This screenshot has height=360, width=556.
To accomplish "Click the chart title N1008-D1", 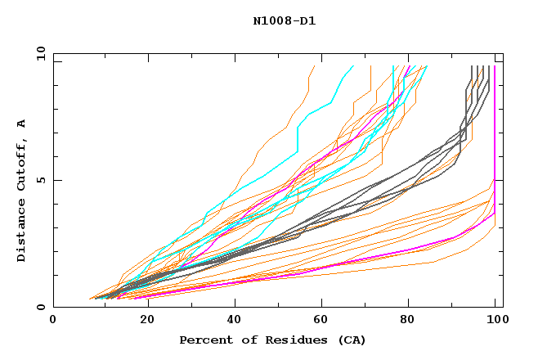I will point(284,20).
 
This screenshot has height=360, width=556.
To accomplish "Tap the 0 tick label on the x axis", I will point(53,320).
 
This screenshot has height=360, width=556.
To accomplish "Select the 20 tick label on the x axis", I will point(146,320).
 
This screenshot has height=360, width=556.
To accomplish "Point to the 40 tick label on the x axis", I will point(235,320).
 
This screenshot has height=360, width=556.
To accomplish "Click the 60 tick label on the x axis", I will point(323,320).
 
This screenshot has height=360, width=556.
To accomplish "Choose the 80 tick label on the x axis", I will point(411,320).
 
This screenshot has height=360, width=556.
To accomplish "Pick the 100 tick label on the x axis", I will point(495,320).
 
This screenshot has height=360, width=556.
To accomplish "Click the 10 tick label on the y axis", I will point(39,53).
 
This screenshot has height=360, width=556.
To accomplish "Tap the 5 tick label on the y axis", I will point(43,180).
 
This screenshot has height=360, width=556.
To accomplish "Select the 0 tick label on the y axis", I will point(43,307).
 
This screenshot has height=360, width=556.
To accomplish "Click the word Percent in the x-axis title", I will point(204,340).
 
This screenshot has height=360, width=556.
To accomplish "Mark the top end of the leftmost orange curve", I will point(314,66).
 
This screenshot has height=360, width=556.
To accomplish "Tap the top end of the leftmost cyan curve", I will point(353,66).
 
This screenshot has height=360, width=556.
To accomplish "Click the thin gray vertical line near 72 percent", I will point(370,78).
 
